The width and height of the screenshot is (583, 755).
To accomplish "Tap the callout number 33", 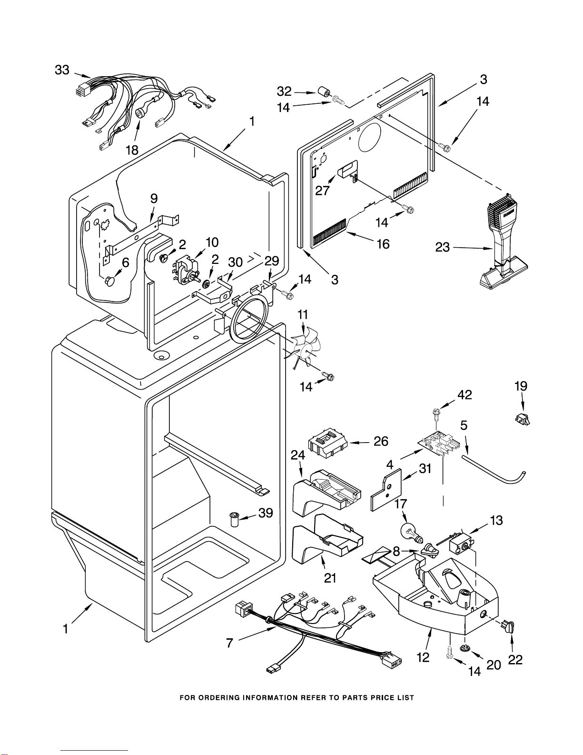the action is pyautogui.click(x=62, y=70).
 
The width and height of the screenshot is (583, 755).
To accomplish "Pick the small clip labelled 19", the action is pyautogui.click(x=522, y=419).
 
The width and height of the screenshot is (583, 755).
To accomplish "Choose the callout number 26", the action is pyautogui.click(x=381, y=441).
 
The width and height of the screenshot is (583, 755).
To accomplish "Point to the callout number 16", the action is pyautogui.click(x=383, y=244).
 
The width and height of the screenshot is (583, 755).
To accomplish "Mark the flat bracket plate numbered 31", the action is pyautogui.click(x=386, y=490).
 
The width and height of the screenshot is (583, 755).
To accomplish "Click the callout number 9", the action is pyautogui.click(x=154, y=198).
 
